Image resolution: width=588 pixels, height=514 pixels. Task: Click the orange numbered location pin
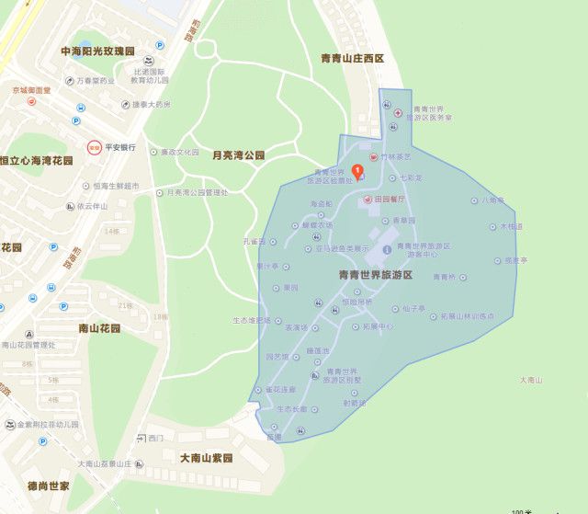357,169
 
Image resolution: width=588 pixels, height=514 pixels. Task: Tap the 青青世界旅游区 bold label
376,275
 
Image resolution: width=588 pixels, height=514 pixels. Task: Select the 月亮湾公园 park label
238,155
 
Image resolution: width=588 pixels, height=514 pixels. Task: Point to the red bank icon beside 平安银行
93,147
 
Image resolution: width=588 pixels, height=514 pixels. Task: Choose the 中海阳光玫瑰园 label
96,51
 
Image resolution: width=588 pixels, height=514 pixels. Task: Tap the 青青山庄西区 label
351,58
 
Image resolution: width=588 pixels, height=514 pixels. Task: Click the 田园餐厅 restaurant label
390,199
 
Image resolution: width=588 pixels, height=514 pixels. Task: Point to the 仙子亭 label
416,308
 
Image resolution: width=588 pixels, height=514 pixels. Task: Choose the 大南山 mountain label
531,380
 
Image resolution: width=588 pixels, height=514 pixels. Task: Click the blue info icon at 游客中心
386,250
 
